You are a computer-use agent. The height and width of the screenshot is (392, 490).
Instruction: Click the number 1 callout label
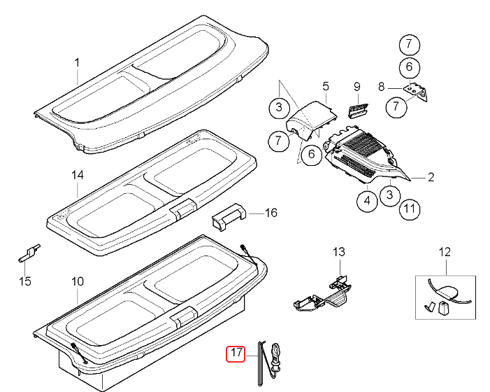click(78, 63)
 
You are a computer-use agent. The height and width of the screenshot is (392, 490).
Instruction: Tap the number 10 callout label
click(78, 281)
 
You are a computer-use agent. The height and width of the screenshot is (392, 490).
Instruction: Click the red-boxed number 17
click(236, 353)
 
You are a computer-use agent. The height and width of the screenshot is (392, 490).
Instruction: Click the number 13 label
click(339, 251)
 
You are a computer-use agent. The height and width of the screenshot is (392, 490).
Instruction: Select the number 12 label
click(445, 251)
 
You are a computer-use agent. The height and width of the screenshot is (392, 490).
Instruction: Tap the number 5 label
click(325, 86)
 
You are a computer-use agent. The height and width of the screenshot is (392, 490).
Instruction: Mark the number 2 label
click(431, 178)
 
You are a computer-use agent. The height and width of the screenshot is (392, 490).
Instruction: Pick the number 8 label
click(382, 87)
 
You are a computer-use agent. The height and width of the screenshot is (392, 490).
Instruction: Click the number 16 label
click(272, 212)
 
